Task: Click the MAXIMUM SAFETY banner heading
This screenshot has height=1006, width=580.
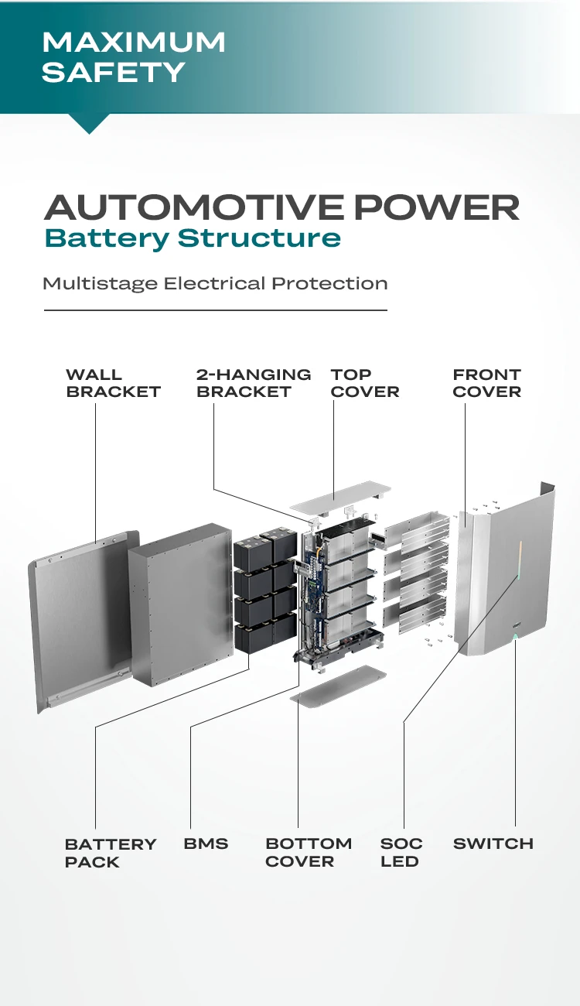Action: [x=133, y=56]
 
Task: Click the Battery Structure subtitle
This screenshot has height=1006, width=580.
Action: [x=193, y=238]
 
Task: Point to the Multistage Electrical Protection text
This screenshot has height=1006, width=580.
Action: [x=215, y=283]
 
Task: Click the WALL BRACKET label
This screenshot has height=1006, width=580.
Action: [x=113, y=383]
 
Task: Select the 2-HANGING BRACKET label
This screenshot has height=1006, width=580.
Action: [x=253, y=383]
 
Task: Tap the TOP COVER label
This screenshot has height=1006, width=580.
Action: [x=364, y=383]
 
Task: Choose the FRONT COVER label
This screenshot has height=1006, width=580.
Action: [x=486, y=383]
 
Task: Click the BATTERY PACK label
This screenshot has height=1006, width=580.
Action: [x=110, y=853]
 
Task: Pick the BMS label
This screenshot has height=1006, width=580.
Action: [x=206, y=843]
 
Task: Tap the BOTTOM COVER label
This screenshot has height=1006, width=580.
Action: [x=308, y=853]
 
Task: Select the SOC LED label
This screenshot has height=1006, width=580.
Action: [x=401, y=853]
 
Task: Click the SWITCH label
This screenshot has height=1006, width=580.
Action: [x=493, y=843]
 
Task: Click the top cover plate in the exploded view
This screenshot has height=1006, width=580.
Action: [x=340, y=496]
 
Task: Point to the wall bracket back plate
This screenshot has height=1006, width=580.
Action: [x=77, y=619]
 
